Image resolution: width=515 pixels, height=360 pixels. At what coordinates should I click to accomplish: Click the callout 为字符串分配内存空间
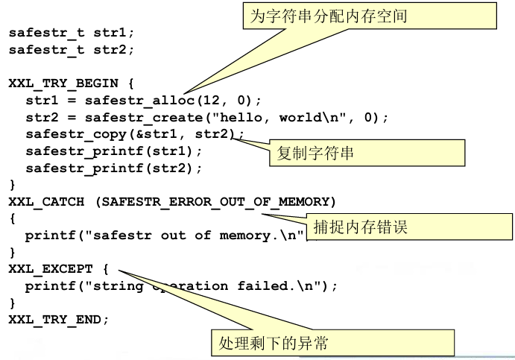[x=369, y=15]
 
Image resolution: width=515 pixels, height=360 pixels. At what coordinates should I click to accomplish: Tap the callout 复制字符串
[x=315, y=154]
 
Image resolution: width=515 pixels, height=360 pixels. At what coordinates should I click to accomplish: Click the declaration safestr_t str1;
[x=72, y=33]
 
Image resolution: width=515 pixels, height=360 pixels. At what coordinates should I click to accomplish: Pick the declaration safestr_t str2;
[x=72, y=50]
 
